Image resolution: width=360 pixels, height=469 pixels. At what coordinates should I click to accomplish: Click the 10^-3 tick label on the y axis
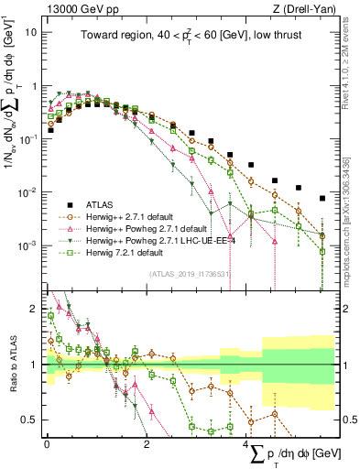click(x=27, y=245)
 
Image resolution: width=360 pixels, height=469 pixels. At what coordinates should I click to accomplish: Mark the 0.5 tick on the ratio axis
click(x=28, y=420)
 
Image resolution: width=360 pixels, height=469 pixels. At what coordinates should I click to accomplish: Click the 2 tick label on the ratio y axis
click(x=32, y=310)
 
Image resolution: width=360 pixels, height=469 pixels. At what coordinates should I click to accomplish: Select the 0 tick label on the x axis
click(x=47, y=443)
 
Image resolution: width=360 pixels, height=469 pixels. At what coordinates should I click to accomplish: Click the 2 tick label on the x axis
click(x=147, y=443)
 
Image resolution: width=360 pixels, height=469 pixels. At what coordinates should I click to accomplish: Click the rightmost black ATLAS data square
click(x=322, y=198)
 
